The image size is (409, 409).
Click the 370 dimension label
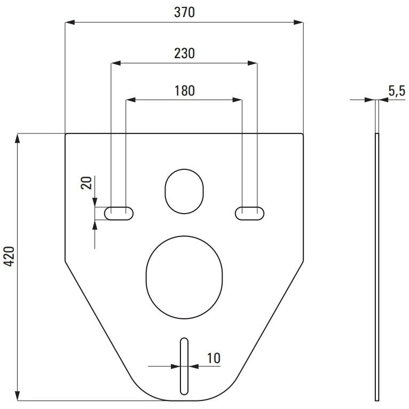click(184, 12)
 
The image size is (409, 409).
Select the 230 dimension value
click(184, 53)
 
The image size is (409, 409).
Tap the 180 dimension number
click(184, 91)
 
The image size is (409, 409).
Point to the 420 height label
click(10, 256)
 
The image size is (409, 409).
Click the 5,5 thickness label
click(397, 91)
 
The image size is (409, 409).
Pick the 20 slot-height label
click(86, 183)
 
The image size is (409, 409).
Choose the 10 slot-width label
click(214, 358)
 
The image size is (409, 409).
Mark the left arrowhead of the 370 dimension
click(70, 22)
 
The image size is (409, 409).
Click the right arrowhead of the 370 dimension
click(298, 22)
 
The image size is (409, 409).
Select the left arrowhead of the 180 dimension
click(131, 100)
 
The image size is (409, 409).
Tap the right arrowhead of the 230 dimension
click(253, 63)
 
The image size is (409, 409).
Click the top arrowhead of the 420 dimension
click(18, 138)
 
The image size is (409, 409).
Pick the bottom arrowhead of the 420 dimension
click(18, 396)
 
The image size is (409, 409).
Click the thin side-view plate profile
click(377, 267)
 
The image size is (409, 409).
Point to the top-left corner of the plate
click(65, 134)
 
